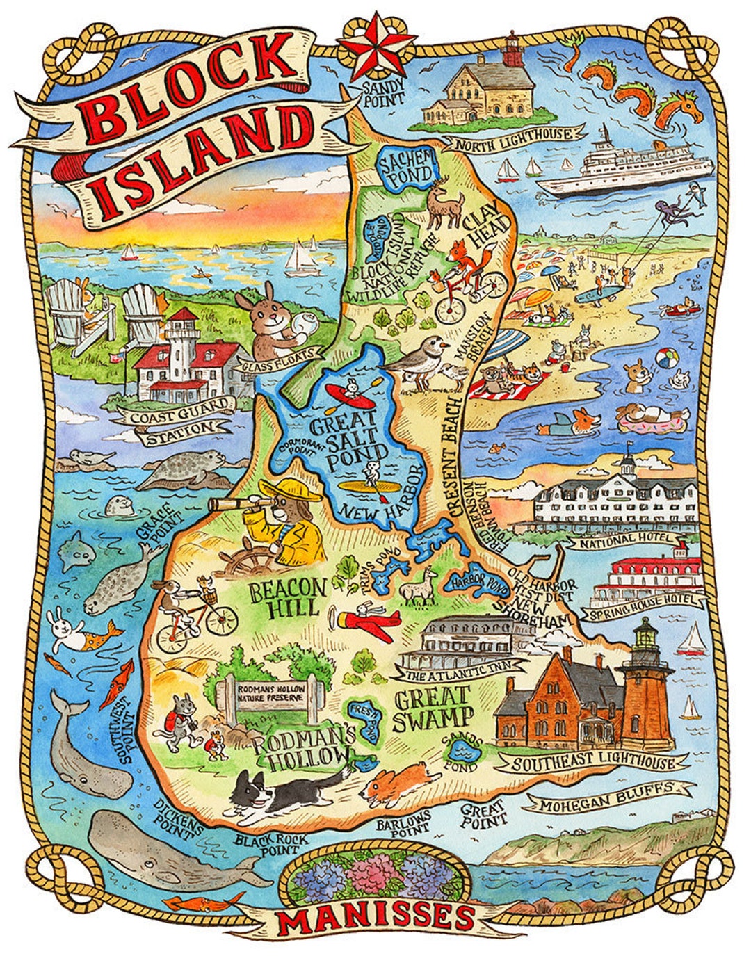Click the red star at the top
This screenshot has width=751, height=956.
click(x=375, y=47)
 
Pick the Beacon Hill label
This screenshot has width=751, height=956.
click(x=287, y=597)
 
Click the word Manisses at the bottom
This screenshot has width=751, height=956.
click(x=376, y=919)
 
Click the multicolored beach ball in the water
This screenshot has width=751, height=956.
click(x=665, y=360)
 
